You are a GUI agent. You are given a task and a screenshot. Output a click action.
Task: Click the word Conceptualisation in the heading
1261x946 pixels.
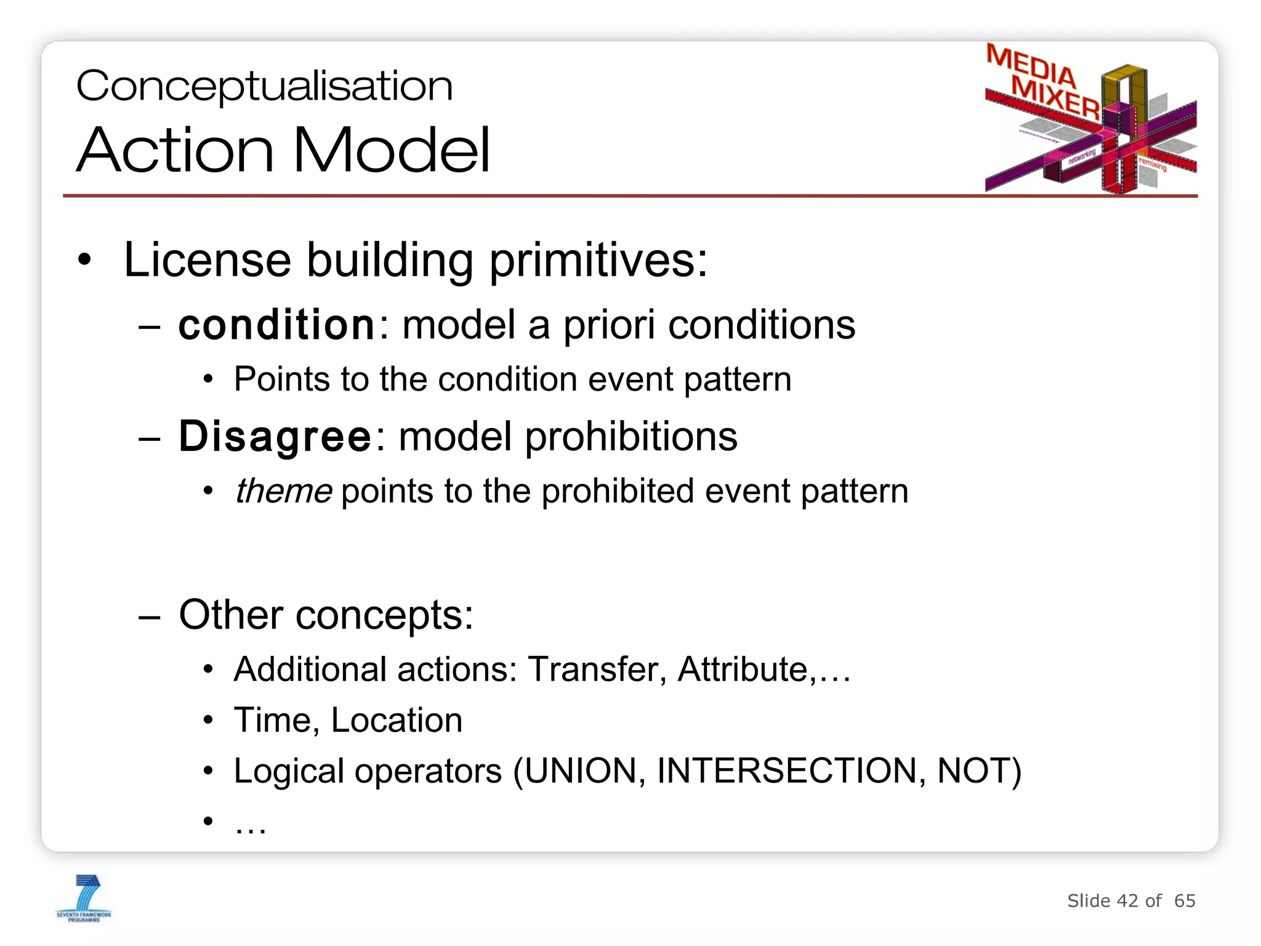264,86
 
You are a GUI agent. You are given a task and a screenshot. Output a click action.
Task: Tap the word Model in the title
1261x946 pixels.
392,150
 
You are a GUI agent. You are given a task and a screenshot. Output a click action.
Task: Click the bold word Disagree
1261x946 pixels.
275,437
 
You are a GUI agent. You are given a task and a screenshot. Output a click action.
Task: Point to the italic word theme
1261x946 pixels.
283,491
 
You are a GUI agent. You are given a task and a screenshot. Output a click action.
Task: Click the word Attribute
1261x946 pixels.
743,669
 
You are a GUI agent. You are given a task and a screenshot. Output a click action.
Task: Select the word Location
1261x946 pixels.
397,720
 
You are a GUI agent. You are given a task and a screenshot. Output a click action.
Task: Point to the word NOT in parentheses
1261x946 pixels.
973,771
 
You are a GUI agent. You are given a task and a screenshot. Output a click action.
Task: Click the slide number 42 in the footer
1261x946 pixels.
1127,901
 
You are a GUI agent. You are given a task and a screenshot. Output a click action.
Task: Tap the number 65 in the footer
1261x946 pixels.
1185,901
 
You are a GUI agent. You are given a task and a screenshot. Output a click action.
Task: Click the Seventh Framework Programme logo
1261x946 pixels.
84,898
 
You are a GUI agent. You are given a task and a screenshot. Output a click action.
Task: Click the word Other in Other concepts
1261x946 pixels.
231,615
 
